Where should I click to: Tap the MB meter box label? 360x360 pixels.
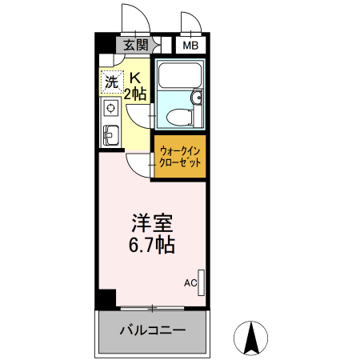(x=190, y=45)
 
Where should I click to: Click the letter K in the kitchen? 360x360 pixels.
(x=135, y=78)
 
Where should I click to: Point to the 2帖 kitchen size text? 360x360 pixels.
(x=134, y=94)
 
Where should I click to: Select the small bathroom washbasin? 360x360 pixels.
(x=195, y=101)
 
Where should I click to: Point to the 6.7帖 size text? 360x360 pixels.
(x=152, y=244)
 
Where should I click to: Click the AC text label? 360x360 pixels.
(x=190, y=282)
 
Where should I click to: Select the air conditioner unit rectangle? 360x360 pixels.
(x=202, y=282)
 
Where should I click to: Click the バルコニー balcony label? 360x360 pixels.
(x=152, y=330)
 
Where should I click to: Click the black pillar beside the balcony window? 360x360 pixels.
(x=103, y=299)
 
